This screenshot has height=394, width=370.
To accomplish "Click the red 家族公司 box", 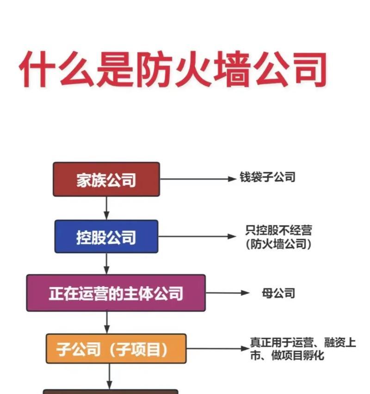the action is (x=106, y=179).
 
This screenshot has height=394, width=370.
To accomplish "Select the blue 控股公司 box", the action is (x=106, y=236).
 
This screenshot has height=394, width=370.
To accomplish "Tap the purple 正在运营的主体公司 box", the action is (x=116, y=293).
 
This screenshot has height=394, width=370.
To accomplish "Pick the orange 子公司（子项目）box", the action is (x=116, y=349).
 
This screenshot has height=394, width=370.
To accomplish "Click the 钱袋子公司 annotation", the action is (x=267, y=177).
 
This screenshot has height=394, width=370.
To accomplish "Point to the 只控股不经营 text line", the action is (x=279, y=230).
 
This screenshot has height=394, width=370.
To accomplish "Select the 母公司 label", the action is (x=278, y=293).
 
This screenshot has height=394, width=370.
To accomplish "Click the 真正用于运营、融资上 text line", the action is (x=303, y=342).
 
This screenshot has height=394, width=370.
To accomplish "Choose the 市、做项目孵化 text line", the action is (x=287, y=356).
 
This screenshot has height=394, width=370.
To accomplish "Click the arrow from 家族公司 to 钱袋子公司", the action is (x=198, y=179).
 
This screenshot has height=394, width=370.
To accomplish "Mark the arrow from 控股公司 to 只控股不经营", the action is (x=197, y=236).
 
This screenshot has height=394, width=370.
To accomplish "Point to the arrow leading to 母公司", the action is (x=228, y=293).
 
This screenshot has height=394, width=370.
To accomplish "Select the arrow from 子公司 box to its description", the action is (x=218, y=349).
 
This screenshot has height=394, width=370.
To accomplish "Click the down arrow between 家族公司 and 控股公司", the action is (x=106, y=208).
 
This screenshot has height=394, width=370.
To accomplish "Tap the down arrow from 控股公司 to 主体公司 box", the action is (x=106, y=264).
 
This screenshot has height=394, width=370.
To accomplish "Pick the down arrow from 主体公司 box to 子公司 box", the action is (x=107, y=323).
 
